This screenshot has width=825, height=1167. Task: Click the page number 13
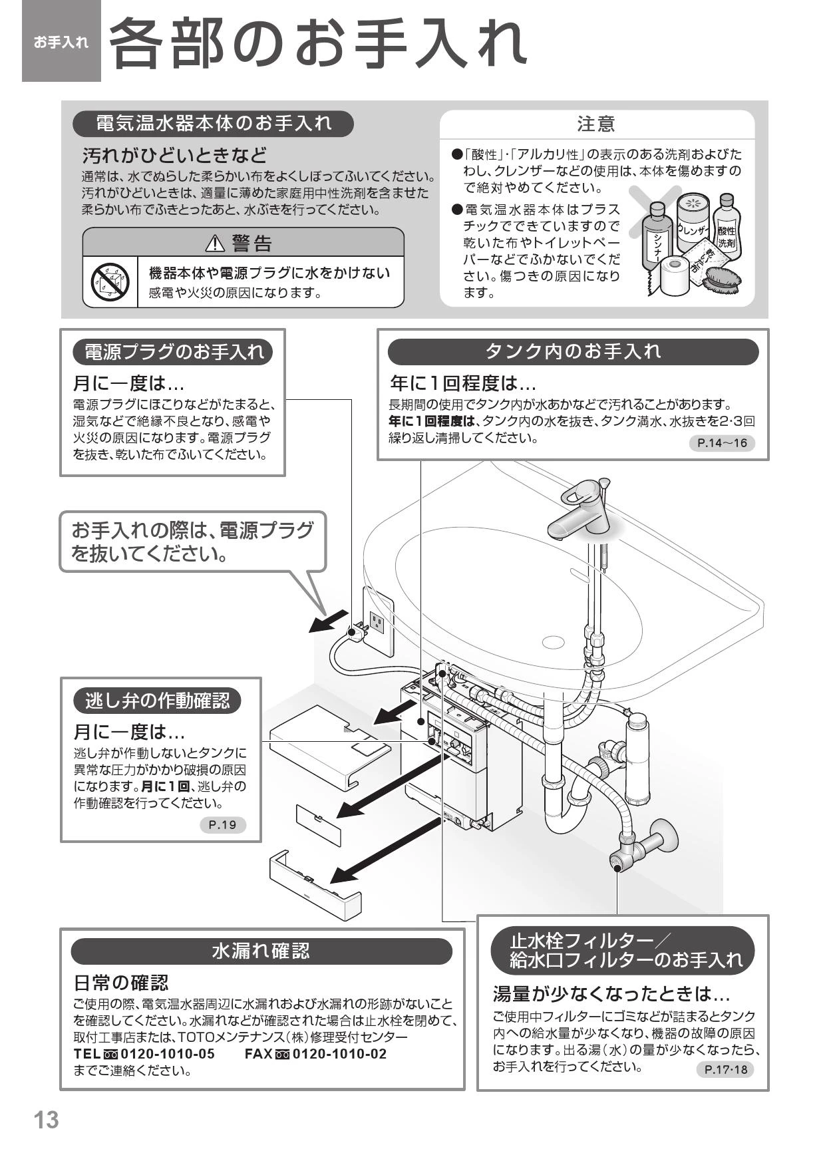point(47,1119)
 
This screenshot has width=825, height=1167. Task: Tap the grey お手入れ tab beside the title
point(61,42)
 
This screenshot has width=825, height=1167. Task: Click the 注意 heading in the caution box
point(596,124)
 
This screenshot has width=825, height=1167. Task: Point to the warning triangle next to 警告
point(216,244)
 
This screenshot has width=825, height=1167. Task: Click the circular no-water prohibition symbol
point(110,282)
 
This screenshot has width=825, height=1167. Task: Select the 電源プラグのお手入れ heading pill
point(173,352)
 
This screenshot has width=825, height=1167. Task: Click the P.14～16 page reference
point(722,443)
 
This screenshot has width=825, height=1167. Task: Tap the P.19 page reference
point(222,825)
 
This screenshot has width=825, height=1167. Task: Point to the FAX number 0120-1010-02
point(339,1055)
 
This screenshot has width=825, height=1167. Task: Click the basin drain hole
point(553,643)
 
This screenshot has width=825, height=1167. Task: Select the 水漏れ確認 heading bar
point(261,951)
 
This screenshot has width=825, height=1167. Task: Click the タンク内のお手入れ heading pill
point(573,351)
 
